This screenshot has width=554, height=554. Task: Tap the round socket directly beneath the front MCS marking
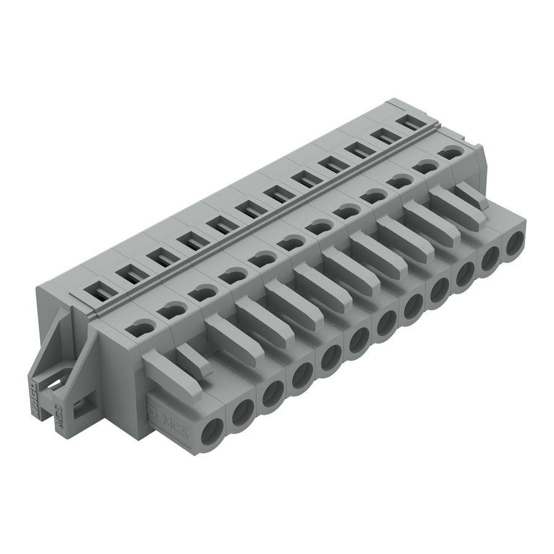214,429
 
